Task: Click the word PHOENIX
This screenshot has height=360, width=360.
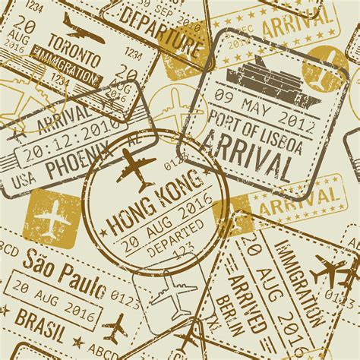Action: pos(71,163)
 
